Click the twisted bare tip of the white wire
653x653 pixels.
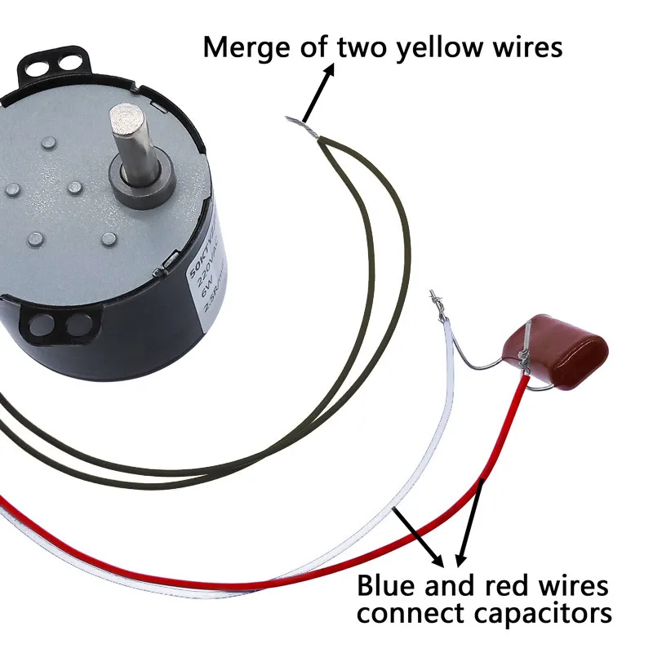click(x=436, y=301)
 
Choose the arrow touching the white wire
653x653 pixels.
click(x=420, y=539)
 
